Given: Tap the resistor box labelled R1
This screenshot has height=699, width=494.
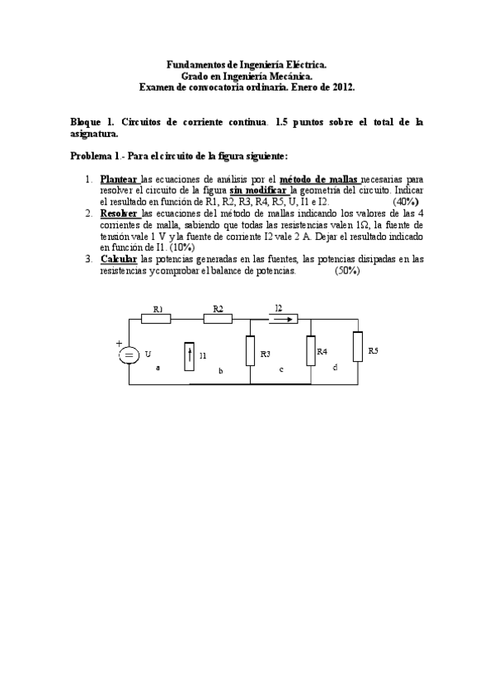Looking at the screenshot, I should click(158, 318).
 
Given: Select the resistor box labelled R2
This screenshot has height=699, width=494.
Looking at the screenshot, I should click(218, 318).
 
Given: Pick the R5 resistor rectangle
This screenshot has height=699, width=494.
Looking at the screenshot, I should click(357, 346).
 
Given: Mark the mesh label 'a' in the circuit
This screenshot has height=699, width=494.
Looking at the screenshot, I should click(158, 368).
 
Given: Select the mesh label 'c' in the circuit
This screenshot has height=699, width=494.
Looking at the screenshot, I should click(281, 368).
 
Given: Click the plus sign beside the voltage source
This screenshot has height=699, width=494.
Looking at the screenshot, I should click(118, 344).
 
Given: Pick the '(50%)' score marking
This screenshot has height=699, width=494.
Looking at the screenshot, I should click(347, 270).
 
